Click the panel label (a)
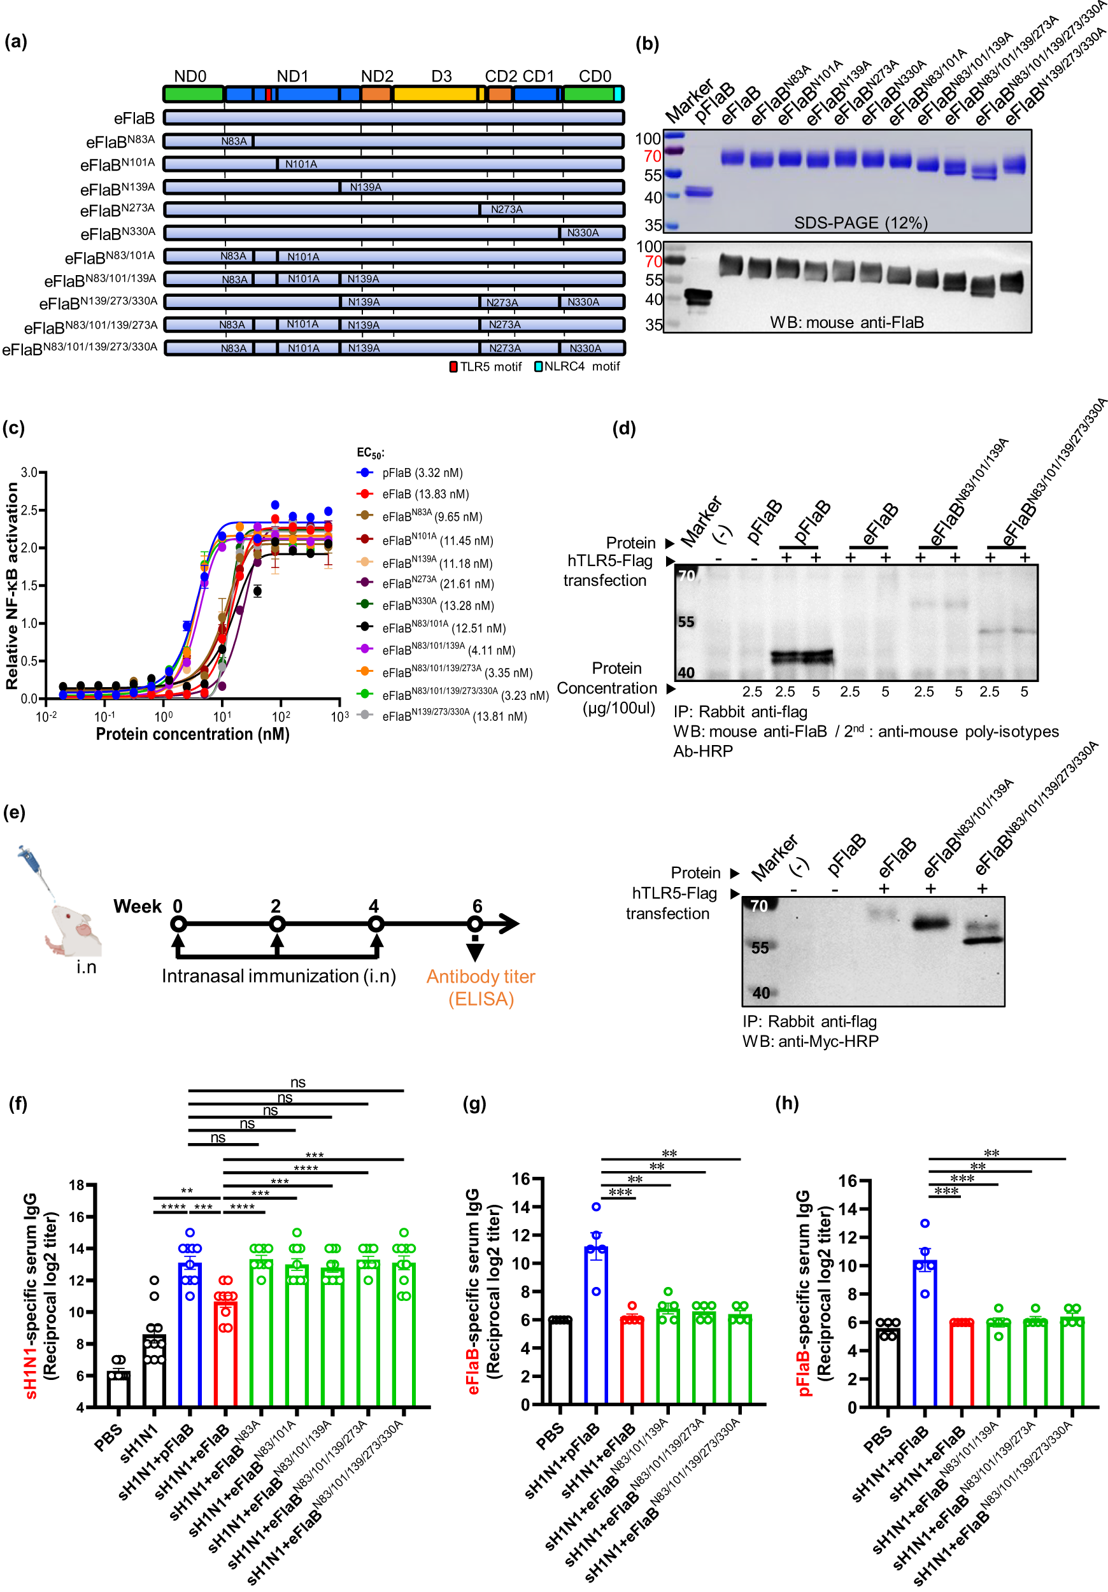(x=16, y=41)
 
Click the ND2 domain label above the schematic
(x=376, y=76)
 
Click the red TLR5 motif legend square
(x=453, y=367)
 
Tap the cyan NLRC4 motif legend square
(x=538, y=367)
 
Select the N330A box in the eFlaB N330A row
(x=583, y=233)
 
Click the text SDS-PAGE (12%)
(x=860, y=223)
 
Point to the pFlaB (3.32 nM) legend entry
(x=422, y=473)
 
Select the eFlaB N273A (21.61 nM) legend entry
(x=437, y=584)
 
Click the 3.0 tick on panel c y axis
(x=29, y=473)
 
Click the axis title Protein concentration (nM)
(x=192, y=734)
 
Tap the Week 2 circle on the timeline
(x=276, y=924)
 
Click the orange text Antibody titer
(x=481, y=977)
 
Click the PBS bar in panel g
(x=560, y=1362)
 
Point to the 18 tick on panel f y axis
(x=76, y=1185)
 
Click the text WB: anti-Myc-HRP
(x=810, y=1041)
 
